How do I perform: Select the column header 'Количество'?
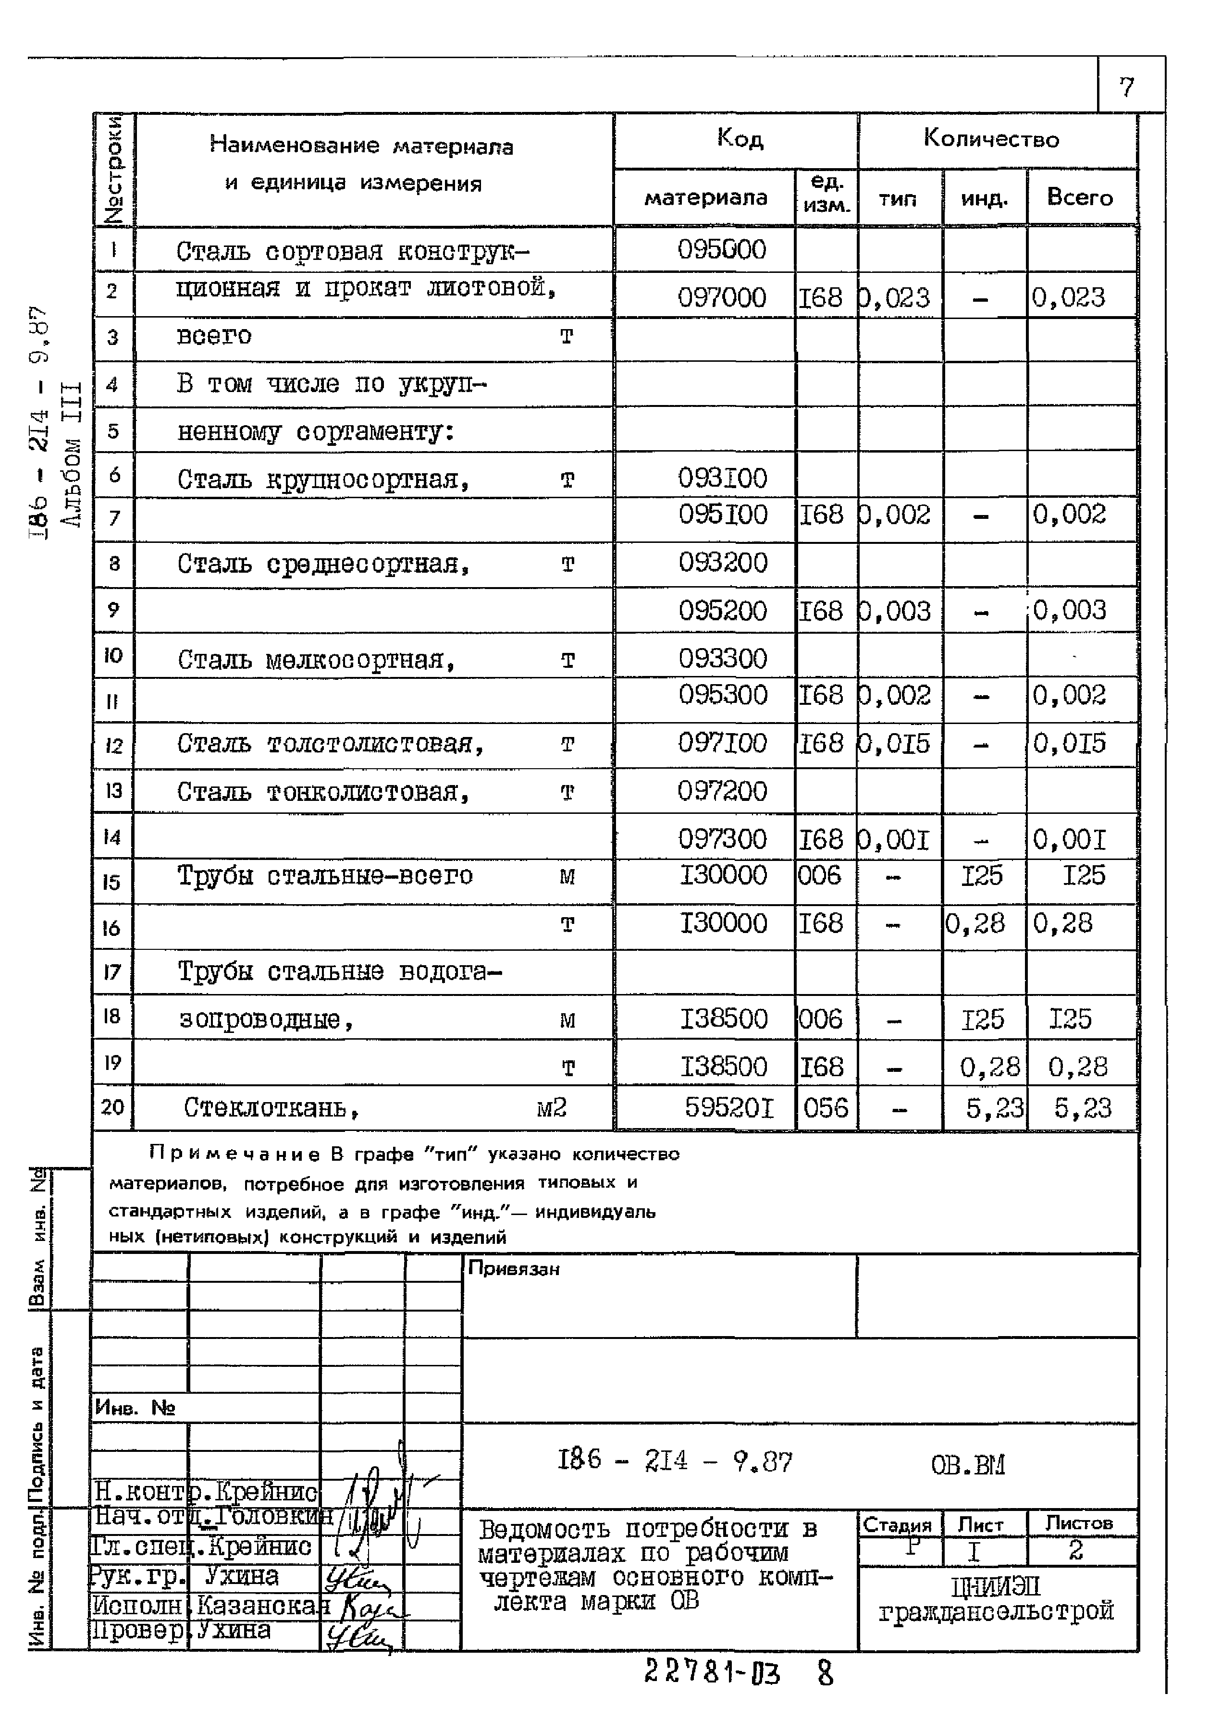(991, 139)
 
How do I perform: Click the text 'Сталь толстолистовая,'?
(330, 744)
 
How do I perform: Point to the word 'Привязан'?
(514, 1269)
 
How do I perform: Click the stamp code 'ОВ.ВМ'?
(968, 1465)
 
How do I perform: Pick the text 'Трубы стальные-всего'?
(325, 876)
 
